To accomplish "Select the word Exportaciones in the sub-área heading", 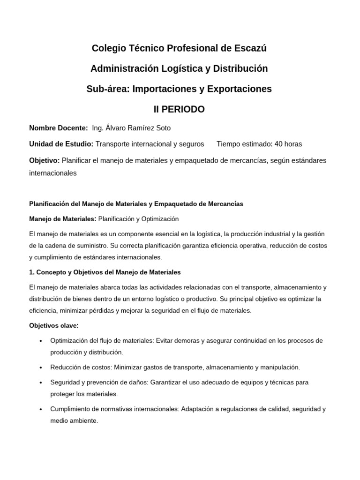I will coord(240,89).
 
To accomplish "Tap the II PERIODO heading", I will coord(180,109).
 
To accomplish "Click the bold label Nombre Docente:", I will coord(58,128).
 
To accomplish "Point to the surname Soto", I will coord(163,128).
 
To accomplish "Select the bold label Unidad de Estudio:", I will coord(61,144).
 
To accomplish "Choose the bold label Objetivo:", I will coord(44,160).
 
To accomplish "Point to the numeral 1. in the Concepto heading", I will coord(31,272).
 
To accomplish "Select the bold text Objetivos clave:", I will coord(54,325).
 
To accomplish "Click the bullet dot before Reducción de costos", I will coord(41,367).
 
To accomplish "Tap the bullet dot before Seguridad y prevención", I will coord(41,382).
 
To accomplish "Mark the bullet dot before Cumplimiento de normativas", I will coord(41,409).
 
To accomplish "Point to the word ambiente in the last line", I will coord(83,420).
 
